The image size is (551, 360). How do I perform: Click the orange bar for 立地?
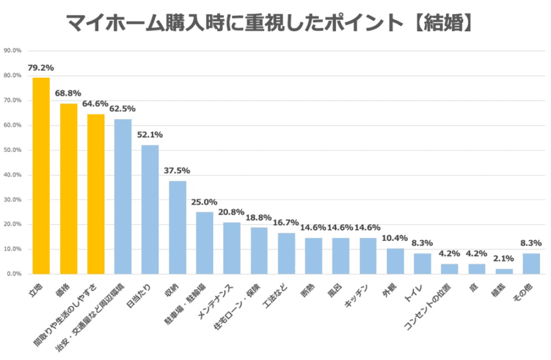click(41, 176)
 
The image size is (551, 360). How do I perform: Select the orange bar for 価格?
click(69, 189)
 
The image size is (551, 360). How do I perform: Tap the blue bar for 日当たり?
click(150, 209)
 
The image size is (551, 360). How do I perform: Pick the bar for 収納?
click(178, 227)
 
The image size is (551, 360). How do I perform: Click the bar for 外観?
click(395, 261)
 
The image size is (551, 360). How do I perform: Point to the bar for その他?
click(531, 263)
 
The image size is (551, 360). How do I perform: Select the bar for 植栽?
click(504, 271)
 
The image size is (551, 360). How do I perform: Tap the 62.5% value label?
click(122, 109)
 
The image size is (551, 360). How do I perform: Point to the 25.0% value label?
click(204, 202)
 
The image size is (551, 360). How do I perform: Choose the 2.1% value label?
click(504, 259)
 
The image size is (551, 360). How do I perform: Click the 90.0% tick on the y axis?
click(13, 51)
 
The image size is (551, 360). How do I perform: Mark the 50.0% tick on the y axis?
click(13, 150)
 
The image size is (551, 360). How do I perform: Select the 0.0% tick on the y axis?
click(14, 274)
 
